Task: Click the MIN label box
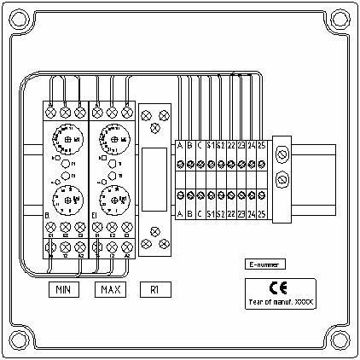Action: click(x=62, y=290)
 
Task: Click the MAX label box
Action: click(x=111, y=290)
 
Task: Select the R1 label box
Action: click(x=154, y=290)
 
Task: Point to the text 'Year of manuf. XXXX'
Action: click(x=280, y=301)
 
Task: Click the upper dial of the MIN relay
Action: click(x=65, y=136)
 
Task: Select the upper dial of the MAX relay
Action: click(x=113, y=136)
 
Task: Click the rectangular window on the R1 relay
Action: click(x=154, y=177)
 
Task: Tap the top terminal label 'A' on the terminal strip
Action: click(x=179, y=145)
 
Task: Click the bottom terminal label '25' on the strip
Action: click(x=261, y=212)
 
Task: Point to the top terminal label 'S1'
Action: click(x=210, y=145)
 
